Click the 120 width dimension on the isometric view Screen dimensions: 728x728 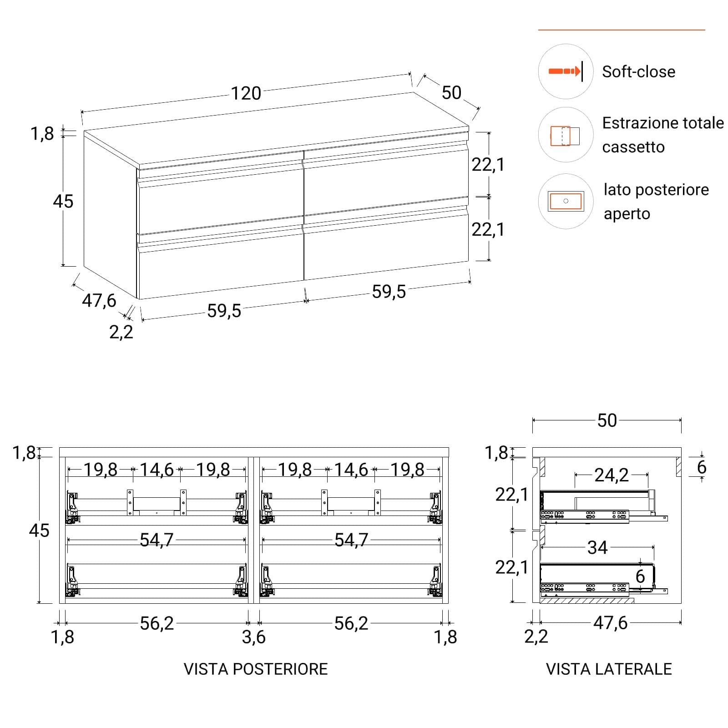[246, 93]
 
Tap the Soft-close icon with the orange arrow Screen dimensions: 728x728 [566, 71]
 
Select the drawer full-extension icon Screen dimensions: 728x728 [566, 135]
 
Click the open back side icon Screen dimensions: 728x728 [566, 201]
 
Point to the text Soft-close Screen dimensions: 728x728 [638, 71]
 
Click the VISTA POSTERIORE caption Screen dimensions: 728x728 [256, 669]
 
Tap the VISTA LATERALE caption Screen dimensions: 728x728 [609, 669]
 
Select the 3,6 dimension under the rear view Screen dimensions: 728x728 [253, 637]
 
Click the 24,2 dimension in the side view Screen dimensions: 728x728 [612, 475]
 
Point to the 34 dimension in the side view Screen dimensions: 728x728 [597, 547]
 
